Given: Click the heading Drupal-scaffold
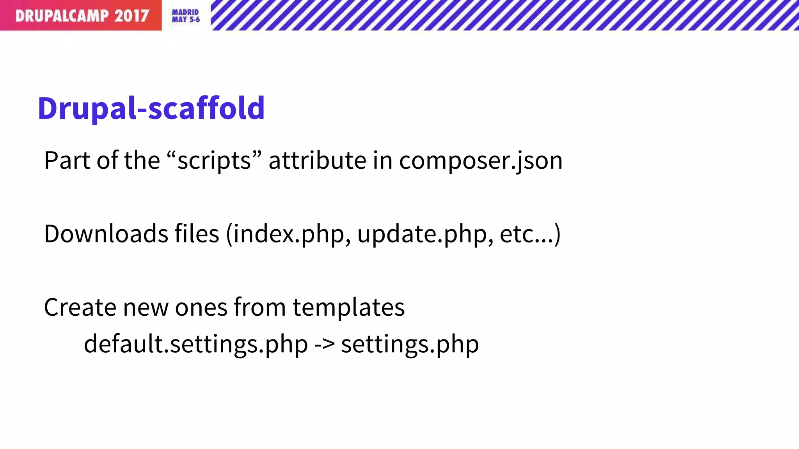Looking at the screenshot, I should [x=151, y=108].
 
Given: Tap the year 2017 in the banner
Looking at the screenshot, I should [x=131, y=16].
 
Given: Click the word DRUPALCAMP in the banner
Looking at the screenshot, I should [x=62, y=16].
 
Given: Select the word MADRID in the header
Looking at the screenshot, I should [x=185, y=12].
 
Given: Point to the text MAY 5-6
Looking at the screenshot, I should [x=186, y=19].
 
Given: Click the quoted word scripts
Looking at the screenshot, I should [x=214, y=161].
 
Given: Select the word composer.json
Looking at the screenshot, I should [x=481, y=161].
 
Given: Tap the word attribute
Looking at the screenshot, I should [x=317, y=161].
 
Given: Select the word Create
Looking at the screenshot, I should [x=80, y=308].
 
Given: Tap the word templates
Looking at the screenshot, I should [x=348, y=308].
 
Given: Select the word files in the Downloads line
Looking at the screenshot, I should [x=197, y=234].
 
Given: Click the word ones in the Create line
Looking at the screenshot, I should [x=201, y=308].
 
